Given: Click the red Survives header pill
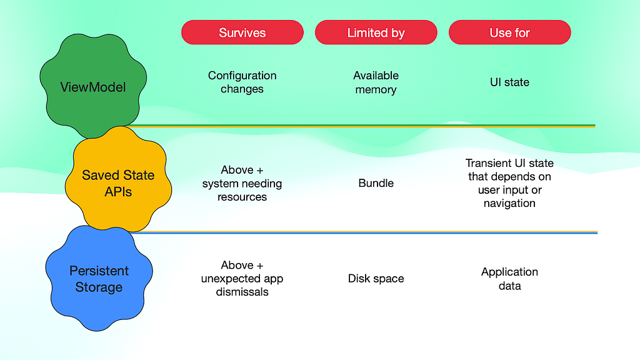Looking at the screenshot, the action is (242, 32).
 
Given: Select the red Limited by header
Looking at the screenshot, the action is (376, 32).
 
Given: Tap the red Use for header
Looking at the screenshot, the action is (510, 32).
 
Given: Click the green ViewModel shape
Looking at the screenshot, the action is (93, 86).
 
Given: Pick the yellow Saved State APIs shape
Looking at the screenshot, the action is (118, 179).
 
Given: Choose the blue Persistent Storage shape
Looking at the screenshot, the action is (99, 278).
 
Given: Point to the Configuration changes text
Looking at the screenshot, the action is (242, 82).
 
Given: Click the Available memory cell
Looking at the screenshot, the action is (376, 82).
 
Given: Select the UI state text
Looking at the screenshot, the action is (509, 82).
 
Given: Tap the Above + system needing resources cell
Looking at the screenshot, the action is (242, 183).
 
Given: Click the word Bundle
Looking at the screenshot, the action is (376, 183).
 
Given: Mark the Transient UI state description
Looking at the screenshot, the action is (509, 183).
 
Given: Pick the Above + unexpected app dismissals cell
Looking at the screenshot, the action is (242, 278).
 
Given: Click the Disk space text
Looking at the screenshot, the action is (376, 278).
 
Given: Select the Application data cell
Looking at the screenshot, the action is (509, 278).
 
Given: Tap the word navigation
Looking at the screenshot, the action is (509, 203).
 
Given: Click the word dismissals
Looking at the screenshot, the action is (242, 292).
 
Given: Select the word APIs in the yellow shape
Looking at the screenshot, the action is (118, 192).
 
